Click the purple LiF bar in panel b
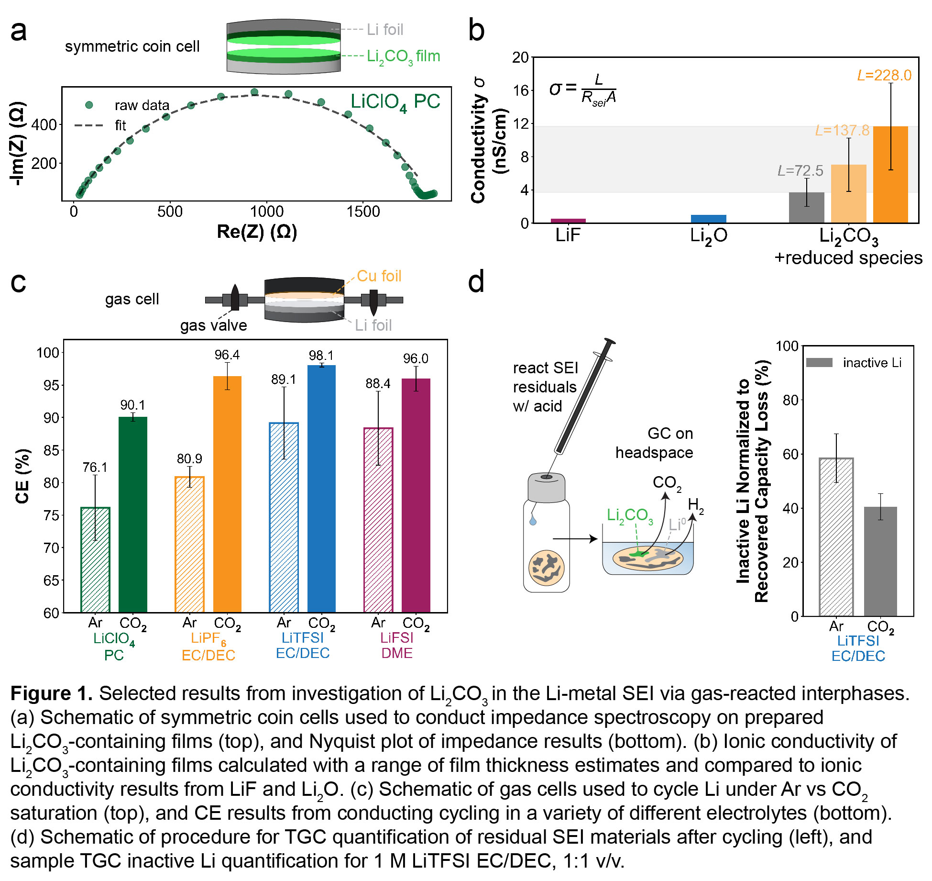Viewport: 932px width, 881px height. (x=568, y=221)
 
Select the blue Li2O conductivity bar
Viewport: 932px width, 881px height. (x=708, y=219)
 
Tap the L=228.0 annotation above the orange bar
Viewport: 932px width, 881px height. (x=884, y=76)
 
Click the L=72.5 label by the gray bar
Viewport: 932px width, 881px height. (x=800, y=171)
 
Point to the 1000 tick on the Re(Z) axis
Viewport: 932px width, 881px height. (x=267, y=212)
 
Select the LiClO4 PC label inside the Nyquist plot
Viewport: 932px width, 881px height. (x=395, y=102)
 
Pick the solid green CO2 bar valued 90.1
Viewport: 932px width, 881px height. (x=133, y=514)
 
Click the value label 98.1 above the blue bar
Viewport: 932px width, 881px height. (x=321, y=356)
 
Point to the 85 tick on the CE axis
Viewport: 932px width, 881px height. (x=51, y=450)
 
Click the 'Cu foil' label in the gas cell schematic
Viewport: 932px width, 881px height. (x=379, y=276)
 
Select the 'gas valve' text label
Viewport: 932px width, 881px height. (x=213, y=325)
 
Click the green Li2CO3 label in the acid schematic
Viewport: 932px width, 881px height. (x=629, y=516)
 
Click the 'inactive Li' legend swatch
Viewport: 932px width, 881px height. (x=819, y=363)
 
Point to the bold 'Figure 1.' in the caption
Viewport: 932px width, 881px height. (x=51, y=693)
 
